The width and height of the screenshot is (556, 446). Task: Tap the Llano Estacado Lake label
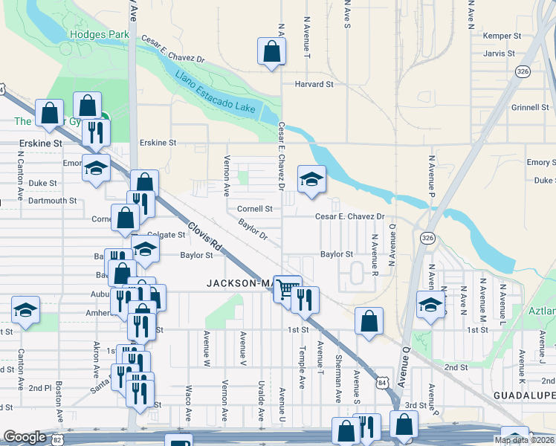pyautogui.click(x=216, y=94)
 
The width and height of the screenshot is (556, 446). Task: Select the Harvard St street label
pyautogui.click(x=314, y=85)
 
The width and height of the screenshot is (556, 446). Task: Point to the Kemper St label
pyautogui.click(x=499, y=36)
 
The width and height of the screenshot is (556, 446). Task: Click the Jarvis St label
pyautogui.click(x=499, y=54)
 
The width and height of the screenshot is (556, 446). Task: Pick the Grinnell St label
pyautogui.click(x=529, y=108)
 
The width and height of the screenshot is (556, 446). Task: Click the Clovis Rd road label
pyautogui.click(x=204, y=236)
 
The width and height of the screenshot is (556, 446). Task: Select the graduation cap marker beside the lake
pyautogui.click(x=311, y=178)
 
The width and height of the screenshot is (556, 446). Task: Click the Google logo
pyautogui.click(x=25, y=438)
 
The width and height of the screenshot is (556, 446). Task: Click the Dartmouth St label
pyautogui.click(x=53, y=201)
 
